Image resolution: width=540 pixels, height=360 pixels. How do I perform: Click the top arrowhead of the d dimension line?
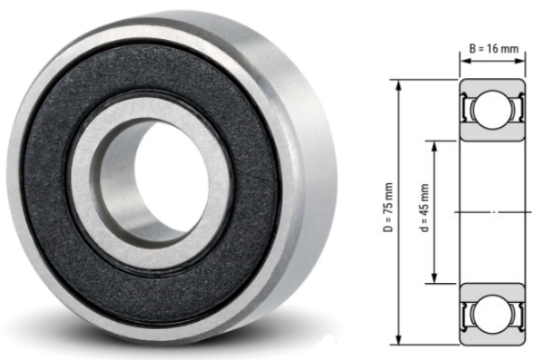[x=437, y=144]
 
